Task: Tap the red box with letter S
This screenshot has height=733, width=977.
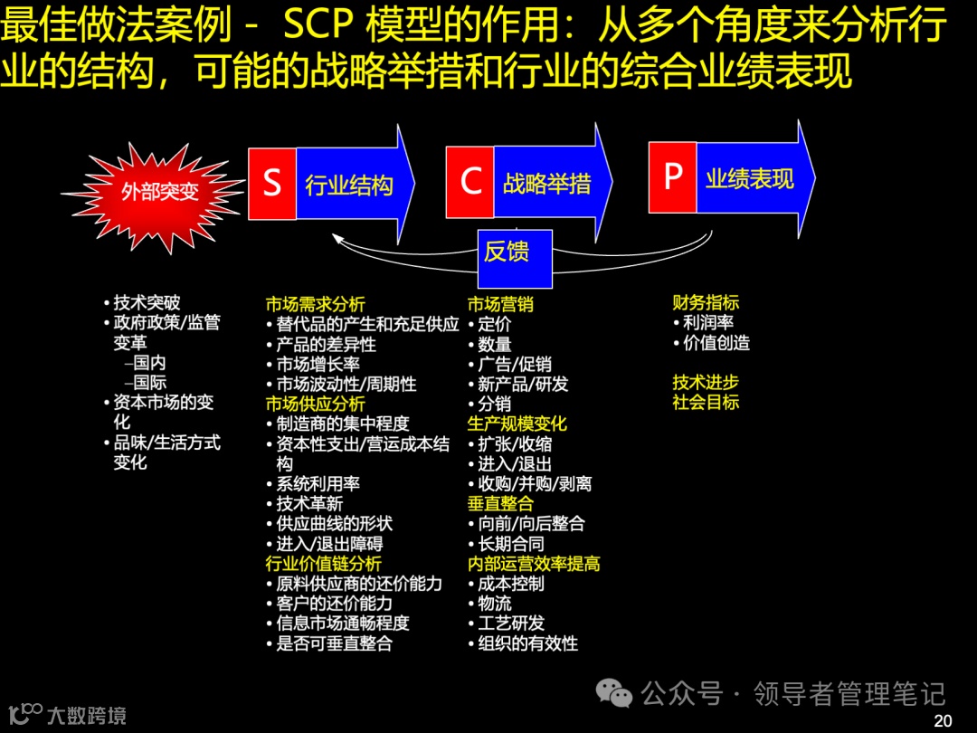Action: [x=272, y=184]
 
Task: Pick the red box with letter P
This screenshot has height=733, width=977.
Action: [x=673, y=176]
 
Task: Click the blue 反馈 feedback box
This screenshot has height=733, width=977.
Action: [x=507, y=251]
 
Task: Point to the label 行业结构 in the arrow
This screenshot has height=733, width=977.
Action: [x=349, y=186]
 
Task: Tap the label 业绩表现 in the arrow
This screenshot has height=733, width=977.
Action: [x=750, y=178]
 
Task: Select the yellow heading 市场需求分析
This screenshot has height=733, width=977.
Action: [x=315, y=305]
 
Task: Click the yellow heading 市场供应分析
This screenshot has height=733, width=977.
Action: [x=315, y=404]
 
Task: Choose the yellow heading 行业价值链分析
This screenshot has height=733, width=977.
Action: [x=323, y=564]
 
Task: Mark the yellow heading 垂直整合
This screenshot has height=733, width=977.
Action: [x=500, y=504]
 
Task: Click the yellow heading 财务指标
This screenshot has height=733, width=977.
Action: [x=706, y=302]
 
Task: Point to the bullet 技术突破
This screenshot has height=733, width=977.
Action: [x=147, y=303]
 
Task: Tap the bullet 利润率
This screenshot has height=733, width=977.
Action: [x=708, y=323]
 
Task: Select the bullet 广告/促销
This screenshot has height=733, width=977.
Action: [x=514, y=365]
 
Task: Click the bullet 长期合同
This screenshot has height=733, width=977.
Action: [x=511, y=544]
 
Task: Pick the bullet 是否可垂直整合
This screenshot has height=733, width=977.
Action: [x=335, y=644]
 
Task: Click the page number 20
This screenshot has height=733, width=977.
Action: [x=943, y=720]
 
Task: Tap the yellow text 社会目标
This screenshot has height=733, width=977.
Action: [x=706, y=402]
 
